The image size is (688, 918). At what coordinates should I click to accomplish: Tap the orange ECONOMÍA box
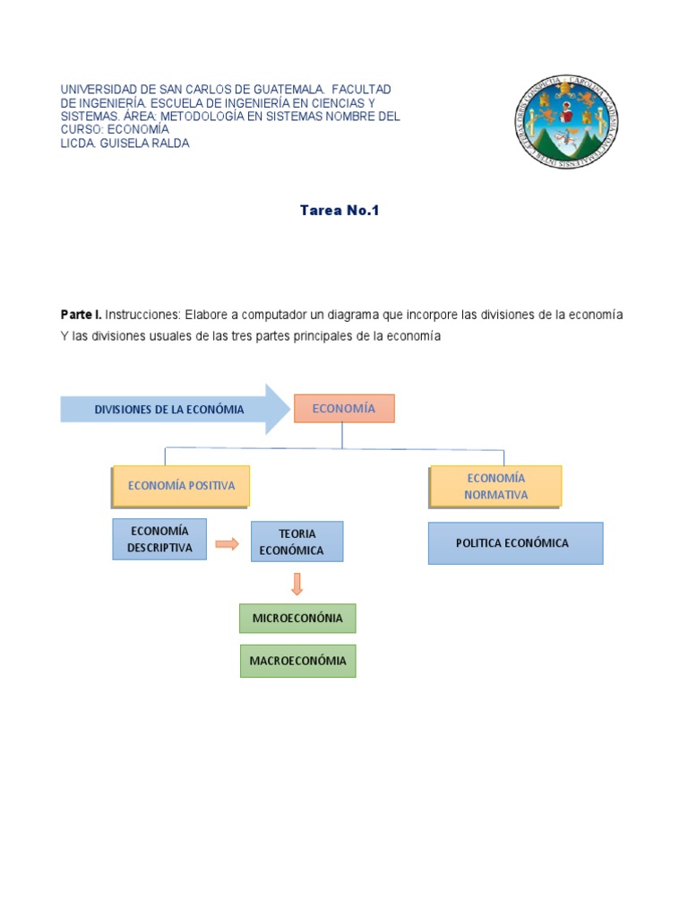pos(343,409)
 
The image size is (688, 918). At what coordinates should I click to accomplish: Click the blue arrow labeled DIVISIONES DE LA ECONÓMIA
pos(170,410)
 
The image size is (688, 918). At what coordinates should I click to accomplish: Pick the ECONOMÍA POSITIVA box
pos(181,486)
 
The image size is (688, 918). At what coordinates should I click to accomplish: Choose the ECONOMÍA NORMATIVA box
pos(495,486)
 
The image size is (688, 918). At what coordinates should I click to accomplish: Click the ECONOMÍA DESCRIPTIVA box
pos(159,539)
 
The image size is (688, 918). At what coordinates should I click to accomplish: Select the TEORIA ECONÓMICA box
pos(297,541)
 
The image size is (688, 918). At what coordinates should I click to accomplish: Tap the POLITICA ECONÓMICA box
pos(515,543)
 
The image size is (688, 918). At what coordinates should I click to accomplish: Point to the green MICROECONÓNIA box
pos(297,619)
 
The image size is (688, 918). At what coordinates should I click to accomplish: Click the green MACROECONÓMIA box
pos(297,661)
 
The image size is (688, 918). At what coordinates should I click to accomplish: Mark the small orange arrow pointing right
pos(228,543)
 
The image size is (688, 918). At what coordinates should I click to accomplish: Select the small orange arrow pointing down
pos(297,584)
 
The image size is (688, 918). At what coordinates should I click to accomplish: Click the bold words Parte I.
pos(81,316)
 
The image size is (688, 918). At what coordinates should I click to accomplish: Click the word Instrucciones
pos(143,316)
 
